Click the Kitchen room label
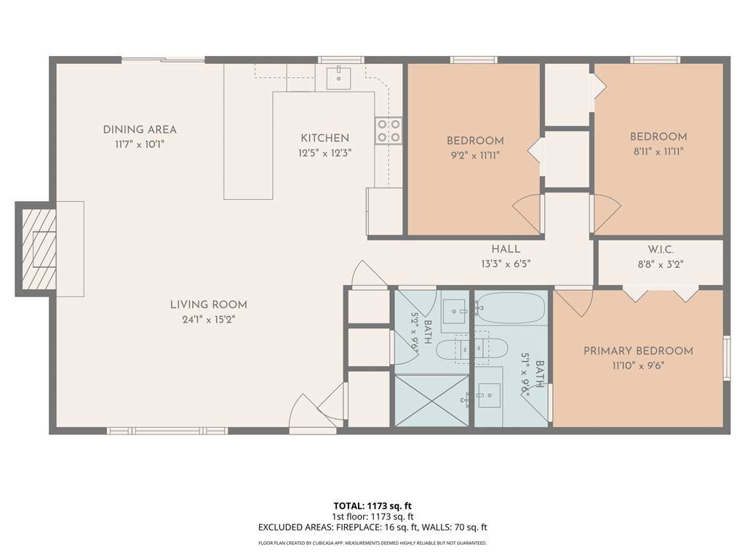tap(325, 138)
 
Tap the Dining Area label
tap(140, 129)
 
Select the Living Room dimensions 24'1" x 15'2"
tap(209, 320)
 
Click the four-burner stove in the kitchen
tap(389, 131)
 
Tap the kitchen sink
tap(339, 78)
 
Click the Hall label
tap(506, 249)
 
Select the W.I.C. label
tap(661, 250)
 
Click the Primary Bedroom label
tap(638, 351)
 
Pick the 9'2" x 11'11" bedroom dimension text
tap(475, 155)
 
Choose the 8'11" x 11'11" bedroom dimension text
tap(658, 152)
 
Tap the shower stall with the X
tap(432, 400)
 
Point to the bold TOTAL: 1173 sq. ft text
tap(369, 506)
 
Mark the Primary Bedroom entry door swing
tap(574, 303)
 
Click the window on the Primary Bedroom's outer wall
tap(727, 357)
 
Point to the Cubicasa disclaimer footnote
tap(372, 543)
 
